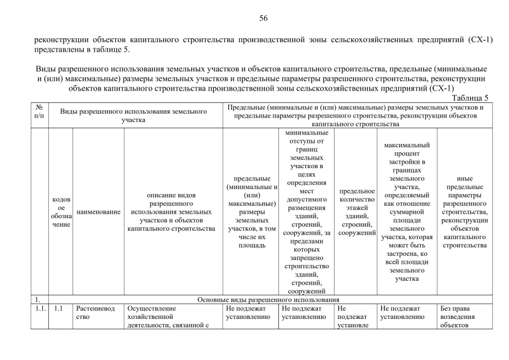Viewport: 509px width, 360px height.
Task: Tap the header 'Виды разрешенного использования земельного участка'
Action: click(x=134, y=115)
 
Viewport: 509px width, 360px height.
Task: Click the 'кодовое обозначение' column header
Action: click(x=61, y=212)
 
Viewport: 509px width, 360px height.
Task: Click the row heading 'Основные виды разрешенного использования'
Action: click(x=269, y=299)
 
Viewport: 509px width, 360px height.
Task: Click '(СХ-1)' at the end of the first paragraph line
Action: click(x=480, y=40)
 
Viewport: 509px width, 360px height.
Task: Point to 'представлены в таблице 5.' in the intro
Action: click(x=82, y=49)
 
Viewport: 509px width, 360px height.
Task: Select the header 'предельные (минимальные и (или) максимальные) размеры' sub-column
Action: click(x=251, y=212)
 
